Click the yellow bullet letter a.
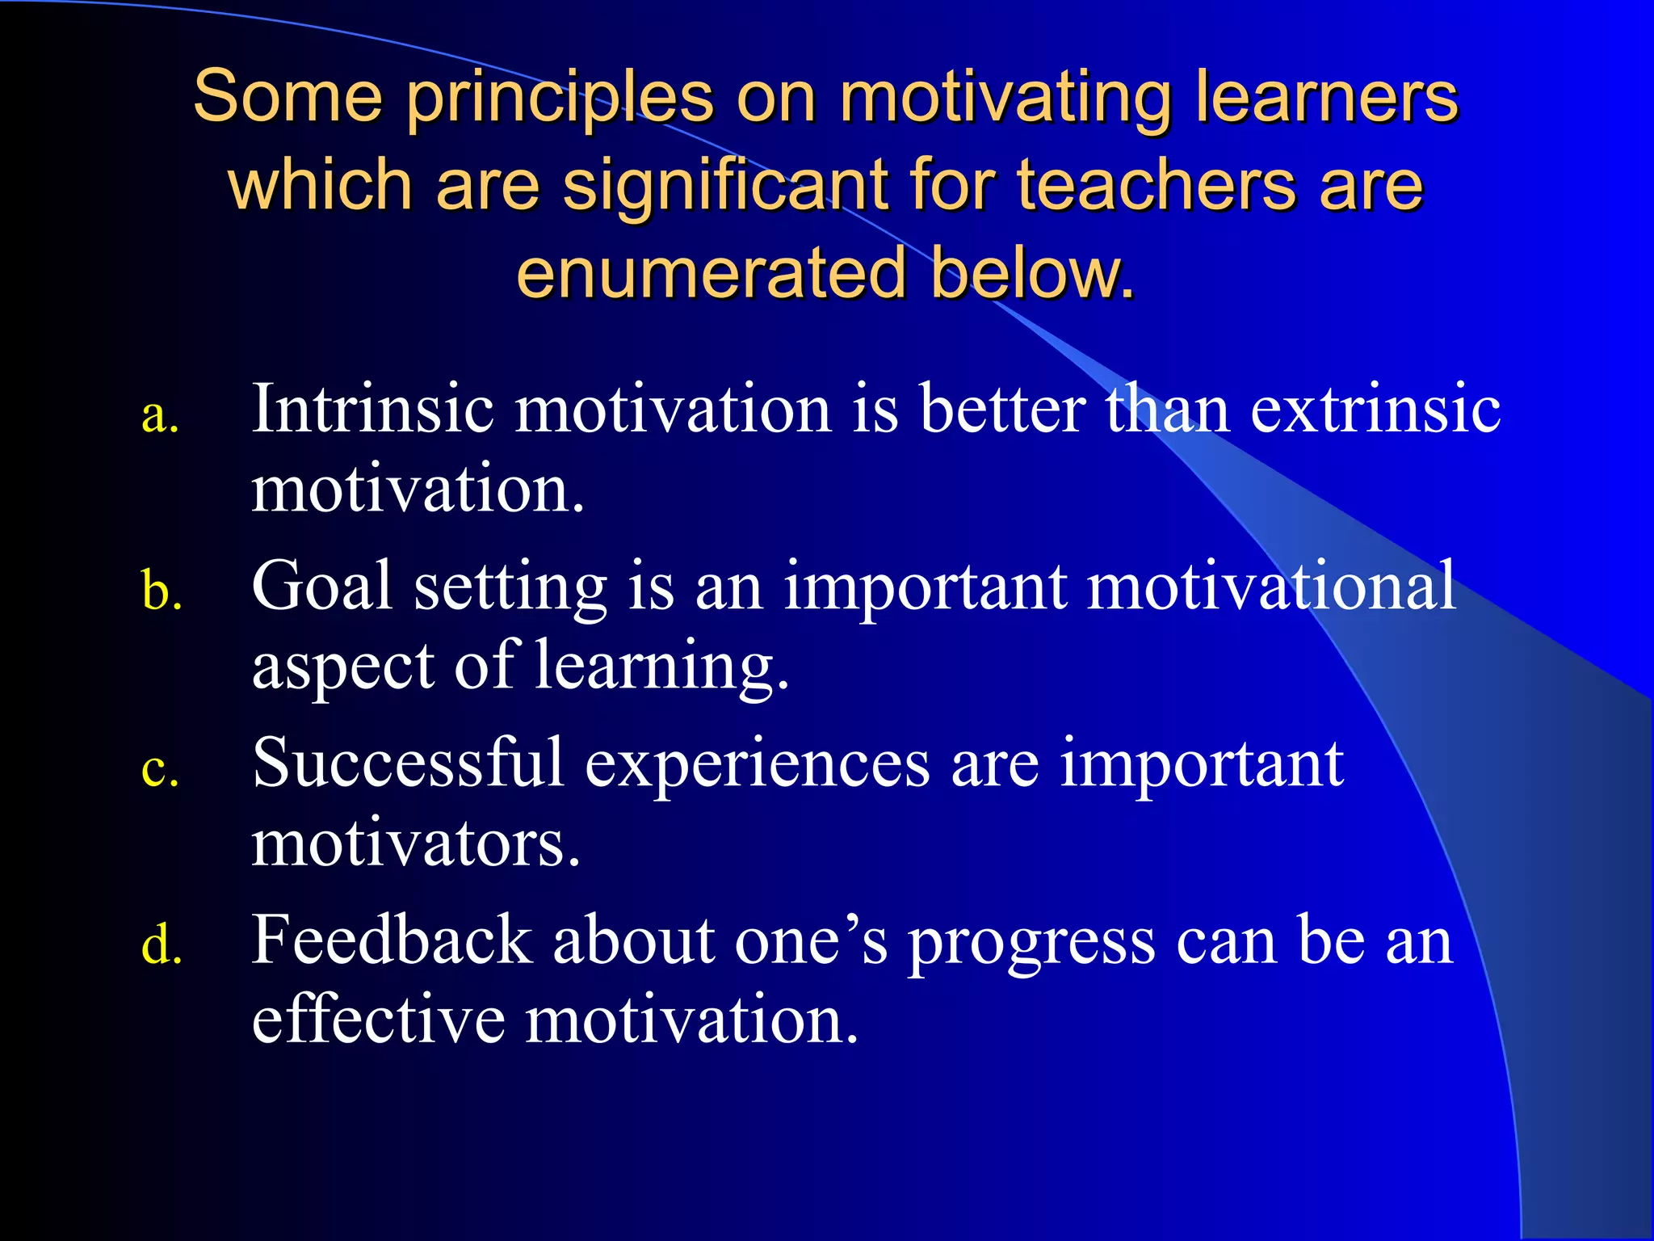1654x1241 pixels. pos(159,418)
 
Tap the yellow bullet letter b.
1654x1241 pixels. pos(161,591)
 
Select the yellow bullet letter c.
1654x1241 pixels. pos(159,769)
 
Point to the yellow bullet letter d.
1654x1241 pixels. pos(161,945)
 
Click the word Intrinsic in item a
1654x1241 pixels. pos(372,409)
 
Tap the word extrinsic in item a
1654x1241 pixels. pos(1375,409)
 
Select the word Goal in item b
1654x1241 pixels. pos(322,586)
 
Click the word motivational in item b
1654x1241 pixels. pos(1271,586)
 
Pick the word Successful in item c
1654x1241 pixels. pos(408,763)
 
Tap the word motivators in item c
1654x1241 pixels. pos(415,843)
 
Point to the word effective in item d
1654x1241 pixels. pos(378,1020)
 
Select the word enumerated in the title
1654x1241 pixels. pos(712,273)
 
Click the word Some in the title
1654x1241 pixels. pos(287,97)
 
